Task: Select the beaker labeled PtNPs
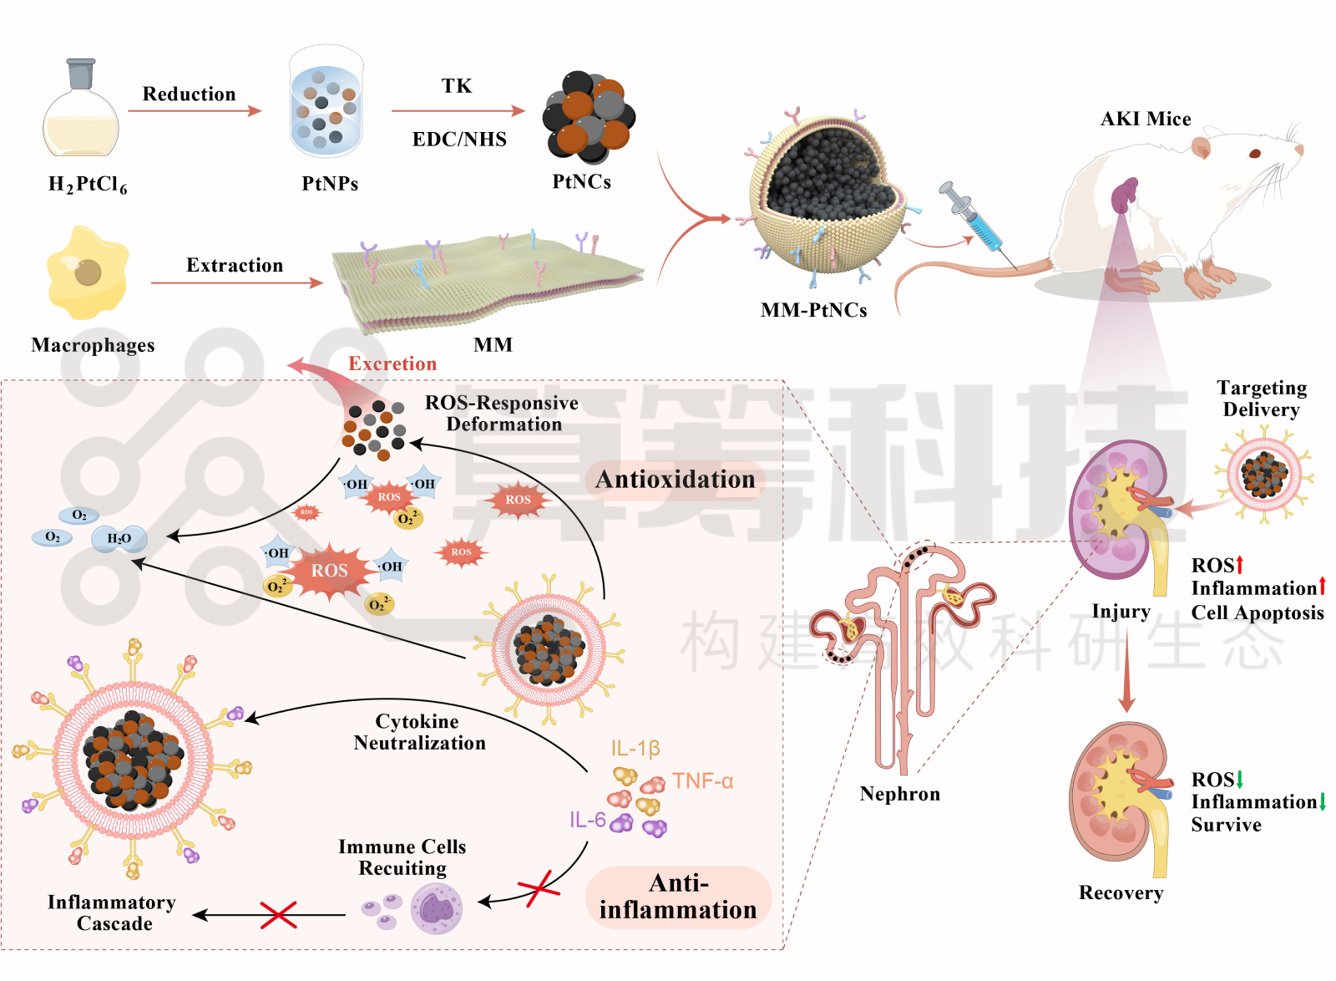[x=326, y=104]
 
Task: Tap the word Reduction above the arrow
[x=189, y=94]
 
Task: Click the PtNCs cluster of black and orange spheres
[x=589, y=117]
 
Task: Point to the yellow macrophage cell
[x=87, y=273]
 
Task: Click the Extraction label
[x=235, y=265]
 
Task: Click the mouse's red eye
[x=1255, y=153]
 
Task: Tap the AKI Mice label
[x=1146, y=119]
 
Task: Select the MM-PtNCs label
[x=813, y=310]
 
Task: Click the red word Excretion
[x=392, y=363]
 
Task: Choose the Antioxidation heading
[x=675, y=479]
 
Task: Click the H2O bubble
[x=119, y=539]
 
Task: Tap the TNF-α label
[x=702, y=781]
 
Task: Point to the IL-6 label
[x=587, y=820]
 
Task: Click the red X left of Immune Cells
[x=278, y=915]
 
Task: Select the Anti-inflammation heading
[x=678, y=897]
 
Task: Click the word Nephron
[x=899, y=794]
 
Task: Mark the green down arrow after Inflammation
[x=1323, y=802]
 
